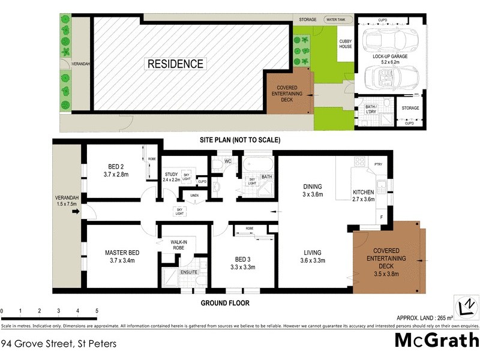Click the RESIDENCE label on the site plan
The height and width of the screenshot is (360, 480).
pos(176,64)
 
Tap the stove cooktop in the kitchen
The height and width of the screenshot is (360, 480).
pos(361,161)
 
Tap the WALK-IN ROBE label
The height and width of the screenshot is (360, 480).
pos(176,245)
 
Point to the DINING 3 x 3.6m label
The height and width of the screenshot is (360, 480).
pos(313,190)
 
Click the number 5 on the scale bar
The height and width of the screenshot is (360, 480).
pos(97,311)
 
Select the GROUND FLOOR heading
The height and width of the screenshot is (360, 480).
pos(224,303)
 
